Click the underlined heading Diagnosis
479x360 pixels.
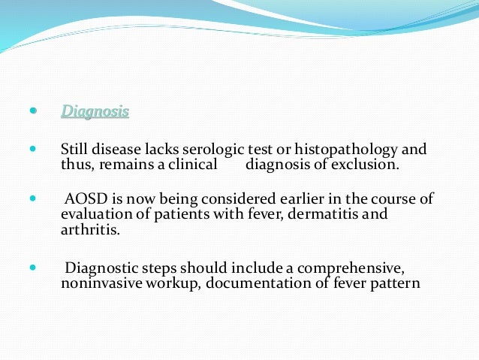click(x=95, y=112)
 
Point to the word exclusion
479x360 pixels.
click(x=367, y=164)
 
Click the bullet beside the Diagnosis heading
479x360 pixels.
click(x=32, y=110)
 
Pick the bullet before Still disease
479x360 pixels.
click(x=32, y=148)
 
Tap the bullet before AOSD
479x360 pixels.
click(x=32, y=198)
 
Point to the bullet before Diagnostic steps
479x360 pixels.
click(x=32, y=267)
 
